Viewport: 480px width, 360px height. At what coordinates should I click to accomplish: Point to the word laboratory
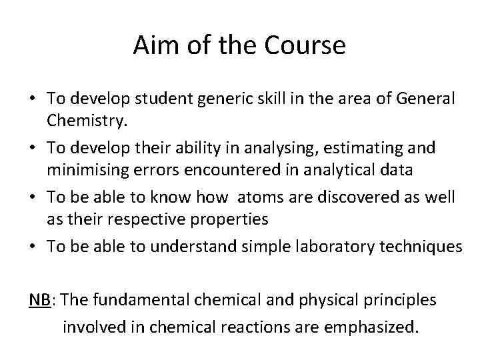tap(327, 247)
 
